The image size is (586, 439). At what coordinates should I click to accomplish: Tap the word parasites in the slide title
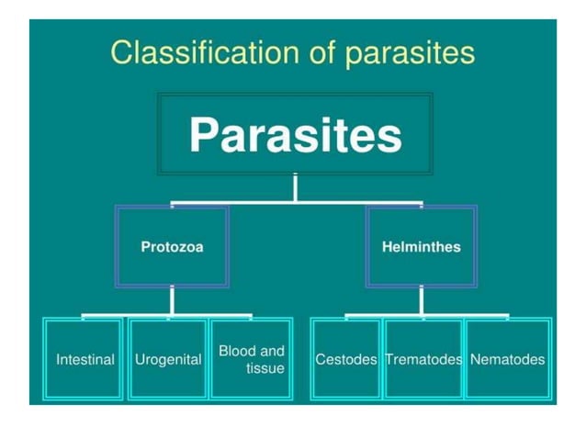coord(409,53)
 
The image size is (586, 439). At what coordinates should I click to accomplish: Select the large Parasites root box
coord(295,134)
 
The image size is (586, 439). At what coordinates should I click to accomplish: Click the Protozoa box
coord(172,246)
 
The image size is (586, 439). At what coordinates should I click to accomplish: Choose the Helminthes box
coord(421,246)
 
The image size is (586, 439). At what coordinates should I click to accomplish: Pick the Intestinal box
coord(85,359)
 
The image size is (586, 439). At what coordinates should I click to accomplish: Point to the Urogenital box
coord(168,359)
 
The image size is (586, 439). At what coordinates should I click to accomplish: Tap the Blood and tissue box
coord(251,359)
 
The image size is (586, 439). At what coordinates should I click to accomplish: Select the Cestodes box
coord(345,359)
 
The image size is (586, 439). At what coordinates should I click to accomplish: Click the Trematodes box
coord(423,359)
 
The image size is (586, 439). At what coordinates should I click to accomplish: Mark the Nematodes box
coord(507,359)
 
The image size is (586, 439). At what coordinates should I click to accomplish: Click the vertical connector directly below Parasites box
coord(295,186)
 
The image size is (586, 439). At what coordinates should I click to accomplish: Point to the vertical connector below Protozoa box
coord(172,300)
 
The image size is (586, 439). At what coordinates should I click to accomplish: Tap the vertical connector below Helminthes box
coord(421,300)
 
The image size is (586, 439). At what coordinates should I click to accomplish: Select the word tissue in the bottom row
coord(265,368)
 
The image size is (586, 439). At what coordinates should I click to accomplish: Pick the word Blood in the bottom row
coord(237,351)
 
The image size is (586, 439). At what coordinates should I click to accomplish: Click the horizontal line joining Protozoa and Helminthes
coord(295,201)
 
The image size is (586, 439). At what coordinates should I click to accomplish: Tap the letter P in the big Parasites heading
coord(205,135)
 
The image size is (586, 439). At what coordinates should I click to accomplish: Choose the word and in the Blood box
coord(272,351)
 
